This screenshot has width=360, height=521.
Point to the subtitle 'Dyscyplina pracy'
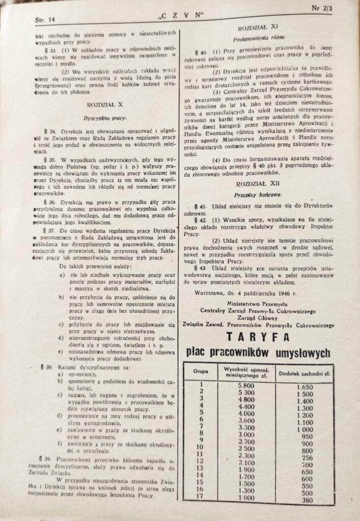pos(106,118)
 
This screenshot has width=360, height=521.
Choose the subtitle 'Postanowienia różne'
pos(262,38)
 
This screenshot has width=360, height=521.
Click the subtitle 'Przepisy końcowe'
pos(262,194)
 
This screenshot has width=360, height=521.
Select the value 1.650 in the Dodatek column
pos(304,387)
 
